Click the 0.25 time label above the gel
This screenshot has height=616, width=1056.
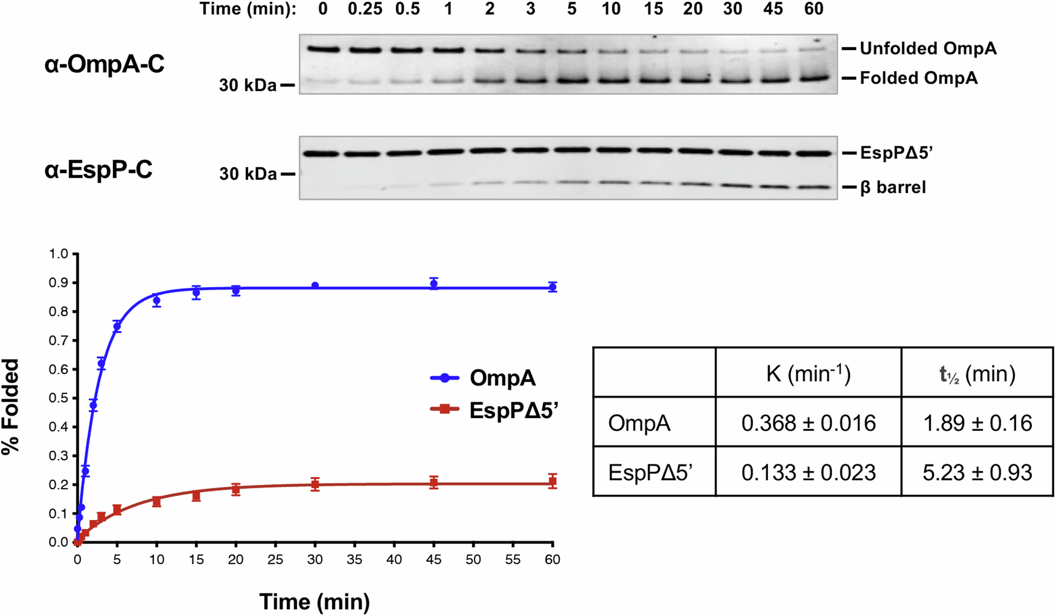coord(365,9)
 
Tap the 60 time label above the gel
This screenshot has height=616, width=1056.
coord(814,9)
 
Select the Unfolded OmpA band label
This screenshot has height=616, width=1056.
coord(928,49)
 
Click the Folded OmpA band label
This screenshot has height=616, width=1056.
coord(918,78)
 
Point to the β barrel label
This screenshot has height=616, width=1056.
coord(893,187)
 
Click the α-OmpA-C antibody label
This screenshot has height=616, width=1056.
coord(105,64)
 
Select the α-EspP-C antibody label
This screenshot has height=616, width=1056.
coord(99,169)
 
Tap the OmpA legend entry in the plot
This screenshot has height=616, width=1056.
coord(502,378)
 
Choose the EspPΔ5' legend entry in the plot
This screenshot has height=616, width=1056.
coord(513,410)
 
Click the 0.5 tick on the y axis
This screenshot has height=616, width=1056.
coord(59,398)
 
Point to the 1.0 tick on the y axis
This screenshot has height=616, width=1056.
coord(59,254)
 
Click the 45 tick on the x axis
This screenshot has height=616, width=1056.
coord(434,560)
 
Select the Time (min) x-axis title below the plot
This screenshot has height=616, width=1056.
coord(314,602)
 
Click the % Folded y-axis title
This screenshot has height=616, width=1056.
coord(11,406)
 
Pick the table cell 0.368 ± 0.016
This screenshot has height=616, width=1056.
coord(808,423)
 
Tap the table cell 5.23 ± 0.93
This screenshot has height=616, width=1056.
coord(977,472)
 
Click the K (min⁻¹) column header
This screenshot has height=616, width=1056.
coord(808,374)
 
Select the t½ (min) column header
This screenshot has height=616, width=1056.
coord(977,374)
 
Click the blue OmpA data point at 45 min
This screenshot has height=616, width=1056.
coord(434,284)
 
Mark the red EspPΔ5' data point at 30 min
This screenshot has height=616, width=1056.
coord(315,484)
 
